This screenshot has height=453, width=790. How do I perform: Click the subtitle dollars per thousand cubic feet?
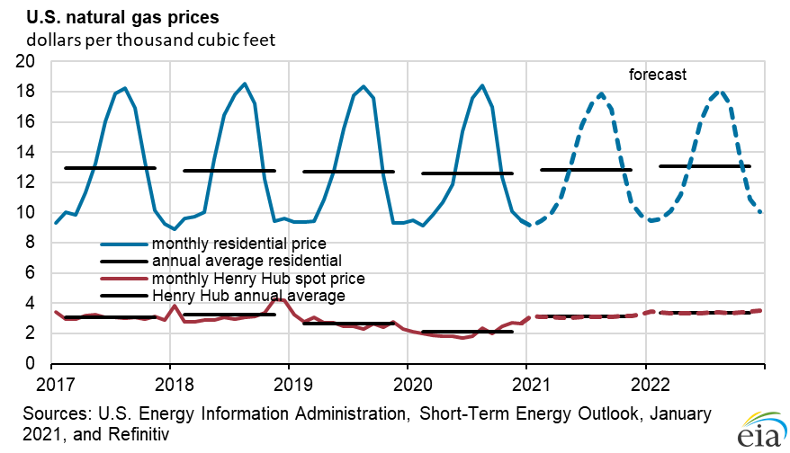tap(150, 40)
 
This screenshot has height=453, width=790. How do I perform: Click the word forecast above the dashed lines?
tap(657, 75)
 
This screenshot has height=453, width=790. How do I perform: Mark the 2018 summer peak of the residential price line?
tap(245, 84)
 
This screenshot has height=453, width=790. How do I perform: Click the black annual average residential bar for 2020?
tap(467, 173)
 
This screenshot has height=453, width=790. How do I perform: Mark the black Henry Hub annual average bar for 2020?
tap(467, 332)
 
